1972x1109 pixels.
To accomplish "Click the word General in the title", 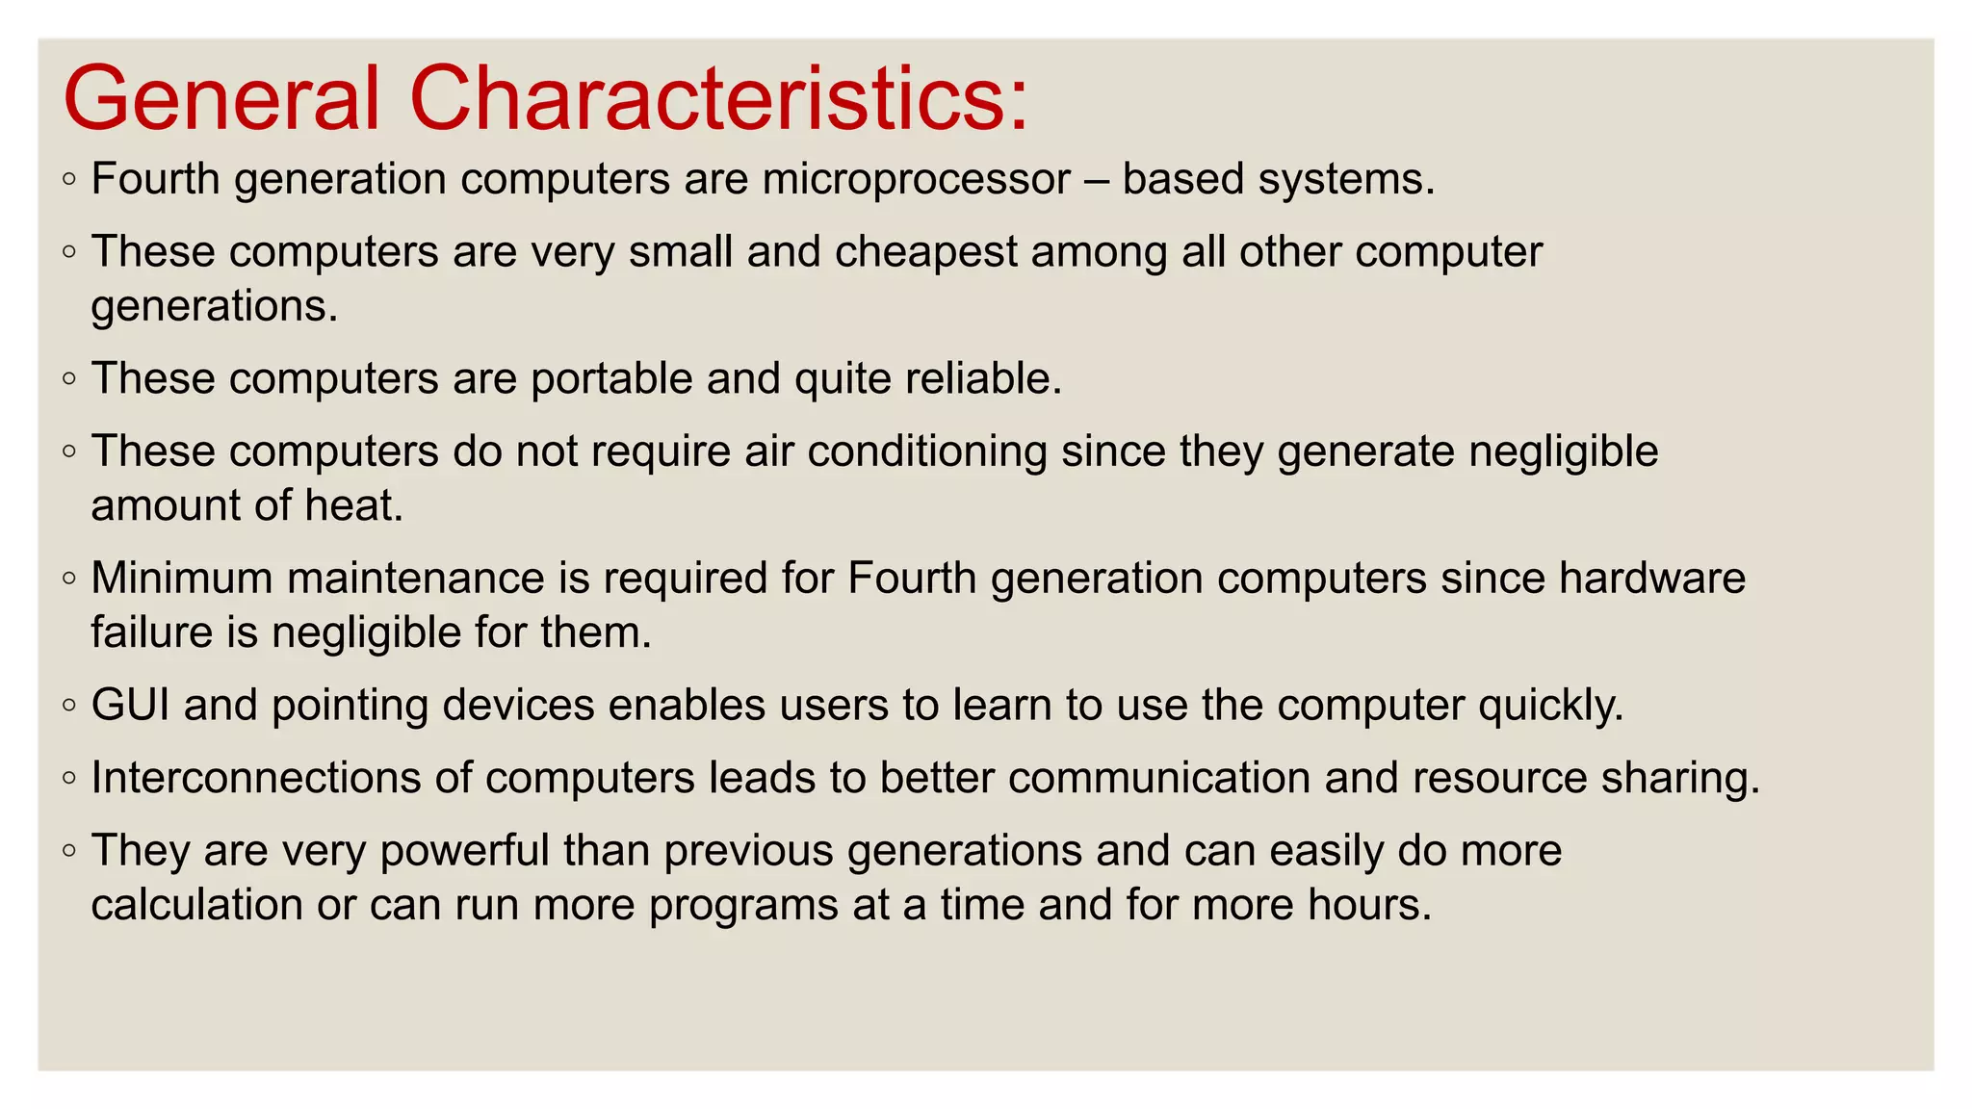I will pyautogui.click(x=221, y=99).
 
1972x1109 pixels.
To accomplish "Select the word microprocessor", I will pyautogui.click(x=916, y=180).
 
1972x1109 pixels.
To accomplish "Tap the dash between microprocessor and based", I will pyautogui.click(x=1096, y=180).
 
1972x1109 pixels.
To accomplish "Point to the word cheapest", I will pyautogui.click(x=925, y=253).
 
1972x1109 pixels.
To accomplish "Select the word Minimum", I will pyautogui.click(x=182, y=580).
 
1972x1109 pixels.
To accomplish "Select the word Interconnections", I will pyautogui.click(x=255, y=779).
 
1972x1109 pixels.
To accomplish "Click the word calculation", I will pyautogui.click(x=196, y=906).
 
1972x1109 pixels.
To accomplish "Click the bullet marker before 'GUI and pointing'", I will pyautogui.click(x=68, y=706).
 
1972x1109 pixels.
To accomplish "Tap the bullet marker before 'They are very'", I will pyautogui.click(x=68, y=851).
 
